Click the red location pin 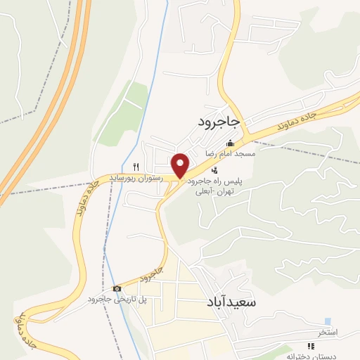(x=181, y=165)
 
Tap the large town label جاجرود (x=219, y=122)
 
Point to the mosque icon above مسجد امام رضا (x=230, y=143)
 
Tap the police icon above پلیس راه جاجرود (x=214, y=169)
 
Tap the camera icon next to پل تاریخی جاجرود (x=117, y=289)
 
